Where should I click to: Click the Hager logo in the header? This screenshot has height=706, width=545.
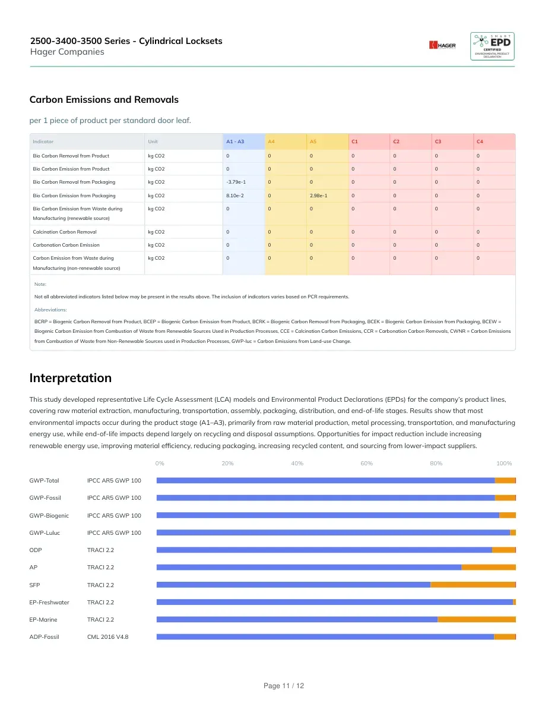(442, 45)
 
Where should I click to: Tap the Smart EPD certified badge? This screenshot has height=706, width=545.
(492, 46)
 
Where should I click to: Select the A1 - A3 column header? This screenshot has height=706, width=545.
(235, 141)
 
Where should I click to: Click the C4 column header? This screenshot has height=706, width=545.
(480, 141)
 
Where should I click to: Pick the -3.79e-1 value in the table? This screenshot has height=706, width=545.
(236, 182)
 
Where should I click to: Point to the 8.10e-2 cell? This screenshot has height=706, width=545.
(235, 196)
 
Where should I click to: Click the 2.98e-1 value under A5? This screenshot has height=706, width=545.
(318, 196)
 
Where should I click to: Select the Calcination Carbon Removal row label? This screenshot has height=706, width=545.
(65, 232)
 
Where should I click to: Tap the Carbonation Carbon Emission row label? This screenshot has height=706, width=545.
(66, 245)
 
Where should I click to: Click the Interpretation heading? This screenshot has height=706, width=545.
(71, 378)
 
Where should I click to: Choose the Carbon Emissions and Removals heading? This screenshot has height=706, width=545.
(104, 99)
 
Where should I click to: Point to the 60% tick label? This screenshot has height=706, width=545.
(366, 464)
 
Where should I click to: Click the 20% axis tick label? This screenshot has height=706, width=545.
(227, 464)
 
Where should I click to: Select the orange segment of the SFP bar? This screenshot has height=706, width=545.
(473, 585)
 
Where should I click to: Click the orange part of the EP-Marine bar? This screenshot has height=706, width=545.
(477, 620)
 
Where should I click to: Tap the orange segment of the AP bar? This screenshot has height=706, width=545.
(489, 568)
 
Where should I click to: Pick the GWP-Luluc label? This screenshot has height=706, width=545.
(45, 532)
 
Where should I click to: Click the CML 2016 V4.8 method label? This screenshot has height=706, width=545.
(108, 636)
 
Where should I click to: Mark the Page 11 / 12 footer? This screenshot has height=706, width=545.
(284, 686)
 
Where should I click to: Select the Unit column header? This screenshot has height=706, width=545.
(153, 141)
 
